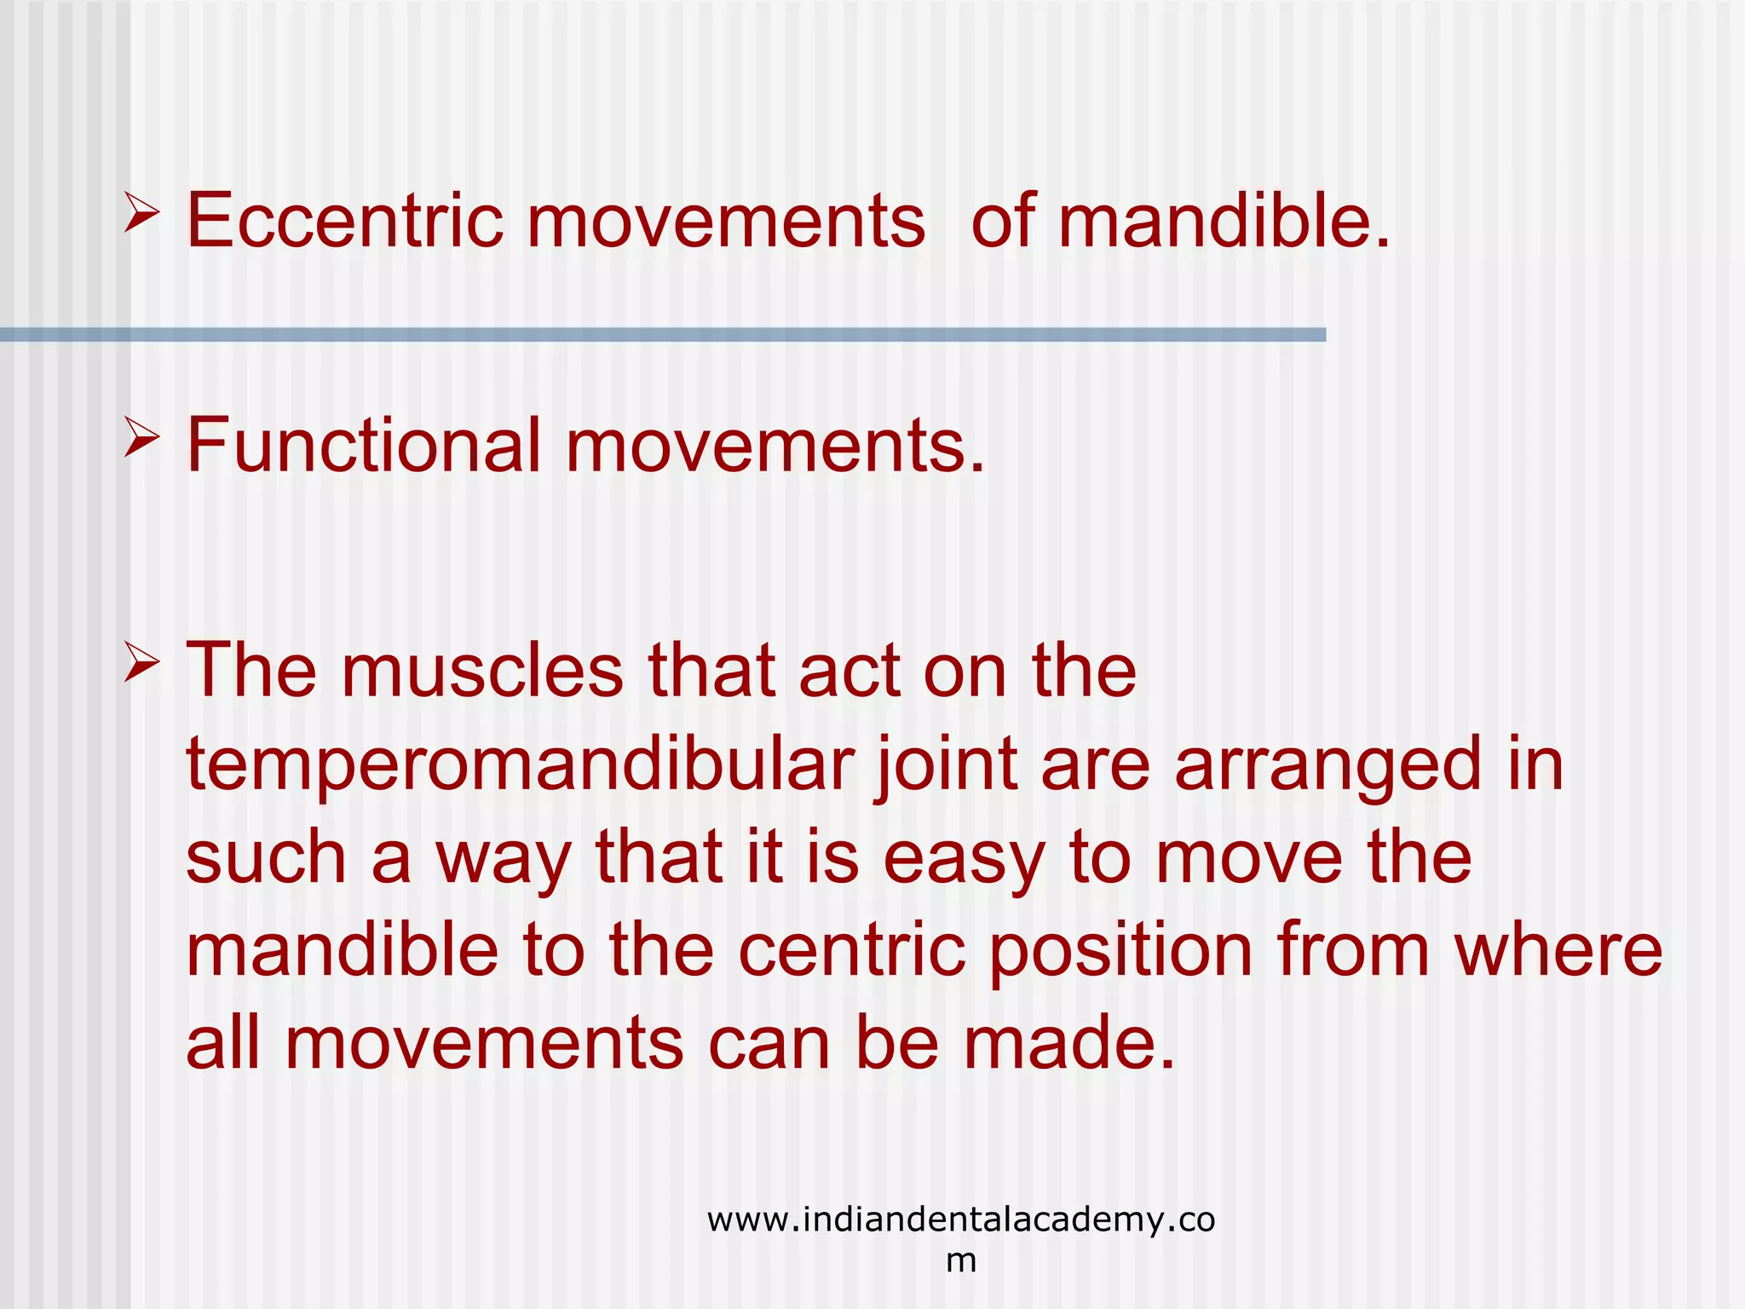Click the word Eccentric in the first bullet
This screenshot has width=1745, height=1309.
pyautogui.click(x=344, y=221)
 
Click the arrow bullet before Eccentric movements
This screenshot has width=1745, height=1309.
pyautogui.click(x=141, y=212)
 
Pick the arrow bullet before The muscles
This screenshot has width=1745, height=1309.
pyautogui.click(x=141, y=662)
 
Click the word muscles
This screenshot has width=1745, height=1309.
pyautogui.click(x=482, y=671)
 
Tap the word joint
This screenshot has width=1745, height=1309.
pyautogui.click(x=947, y=764)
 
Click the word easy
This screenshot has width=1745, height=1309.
pyautogui.click(x=963, y=858)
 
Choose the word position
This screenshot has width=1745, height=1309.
pyautogui.click(x=1120, y=952)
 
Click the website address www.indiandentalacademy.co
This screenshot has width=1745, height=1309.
pyautogui.click(x=960, y=1220)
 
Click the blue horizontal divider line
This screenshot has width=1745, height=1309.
pyautogui.click(x=663, y=335)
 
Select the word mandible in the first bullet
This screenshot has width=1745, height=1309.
pyautogui.click(x=1223, y=221)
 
